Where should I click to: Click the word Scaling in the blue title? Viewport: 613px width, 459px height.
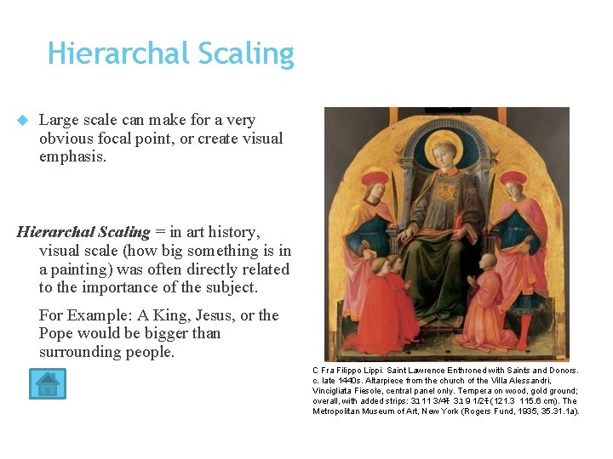click(x=244, y=54)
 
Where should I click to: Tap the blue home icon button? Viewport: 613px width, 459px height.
click(x=47, y=383)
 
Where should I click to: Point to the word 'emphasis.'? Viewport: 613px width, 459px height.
click(x=73, y=156)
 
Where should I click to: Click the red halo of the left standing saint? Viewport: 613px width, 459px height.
click(x=375, y=178)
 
